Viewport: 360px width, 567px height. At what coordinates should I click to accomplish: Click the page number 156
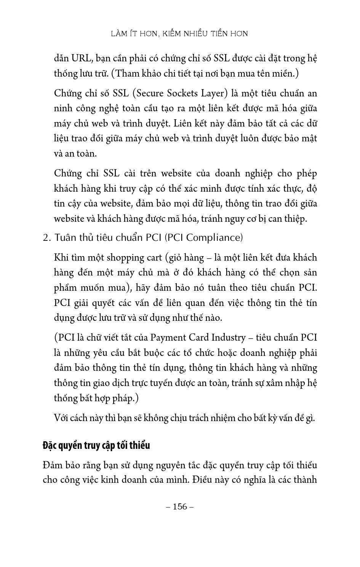tap(180, 506)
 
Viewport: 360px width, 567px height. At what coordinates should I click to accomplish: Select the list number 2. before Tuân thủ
tap(47, 238)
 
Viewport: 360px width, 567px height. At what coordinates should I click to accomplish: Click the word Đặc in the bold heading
tap(50, 445)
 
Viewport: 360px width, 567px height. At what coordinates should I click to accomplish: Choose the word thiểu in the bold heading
tap(139, 445)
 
